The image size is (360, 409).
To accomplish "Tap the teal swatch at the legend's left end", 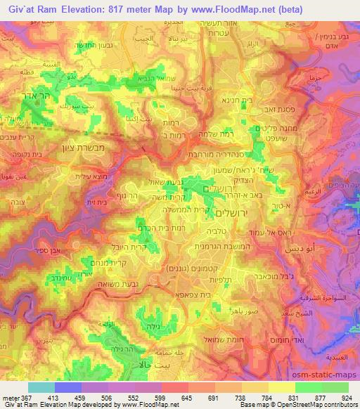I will pyautogui.click(x=41, y=387).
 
